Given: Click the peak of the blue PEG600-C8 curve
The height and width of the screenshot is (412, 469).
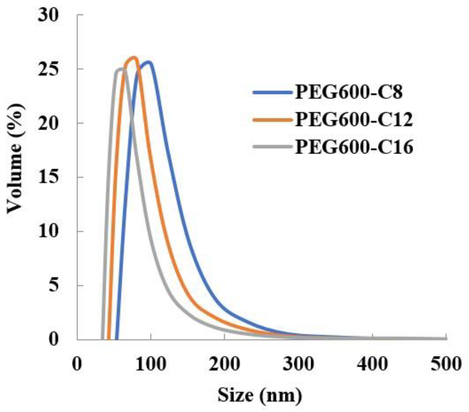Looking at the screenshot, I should tap(148, 63).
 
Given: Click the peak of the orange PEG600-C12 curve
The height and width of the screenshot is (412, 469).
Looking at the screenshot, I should tap(133, 58).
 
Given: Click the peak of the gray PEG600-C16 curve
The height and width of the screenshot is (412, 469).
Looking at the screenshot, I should tap(121, 69).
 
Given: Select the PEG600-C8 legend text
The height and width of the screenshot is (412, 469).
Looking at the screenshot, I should tap(349, 92).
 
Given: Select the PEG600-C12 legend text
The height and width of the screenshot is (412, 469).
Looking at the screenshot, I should tap(354, 119).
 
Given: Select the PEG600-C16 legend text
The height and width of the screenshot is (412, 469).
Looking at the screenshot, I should tap(354, 147).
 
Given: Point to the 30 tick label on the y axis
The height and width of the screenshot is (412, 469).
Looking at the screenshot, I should tap(48, 15).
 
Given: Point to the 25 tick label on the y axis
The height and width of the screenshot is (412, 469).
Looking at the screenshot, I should tap(48, 69).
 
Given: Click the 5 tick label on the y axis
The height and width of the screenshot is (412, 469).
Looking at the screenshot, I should tap(54, 285).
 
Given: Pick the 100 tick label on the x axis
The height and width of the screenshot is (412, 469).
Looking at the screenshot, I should tap(151, 364).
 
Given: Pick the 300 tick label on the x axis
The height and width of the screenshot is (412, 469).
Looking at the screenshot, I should tap(298, 364).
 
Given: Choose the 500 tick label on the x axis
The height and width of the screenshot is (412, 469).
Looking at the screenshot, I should tap(446, 364).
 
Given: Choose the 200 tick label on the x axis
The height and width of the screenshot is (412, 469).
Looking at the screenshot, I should tap(224, 364).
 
